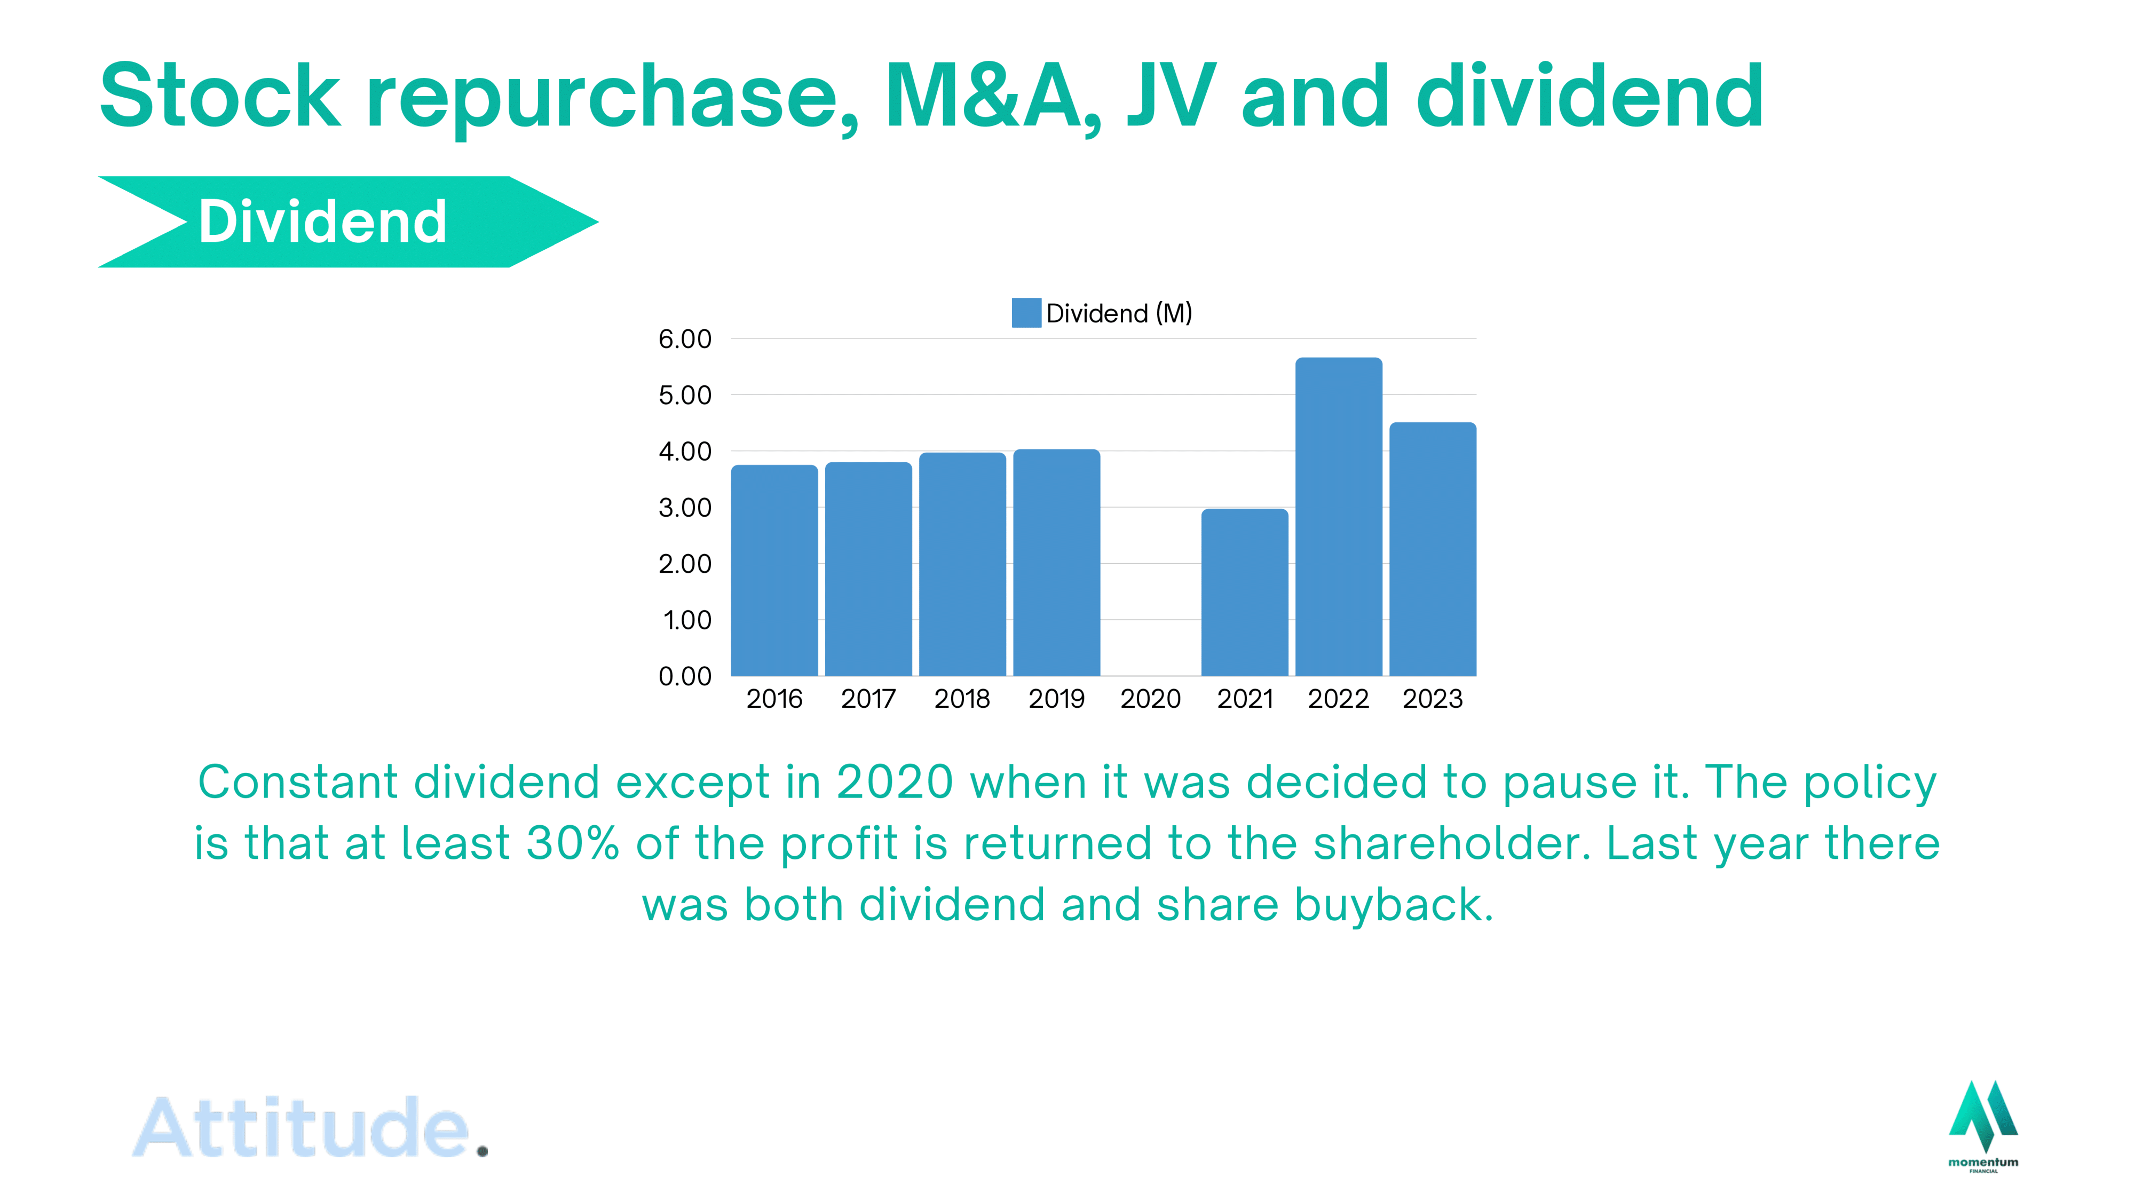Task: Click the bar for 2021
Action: click(x=1245, y=592)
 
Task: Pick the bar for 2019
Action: click(x=1057, y=563)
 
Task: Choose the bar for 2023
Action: click(x=1433, y=550)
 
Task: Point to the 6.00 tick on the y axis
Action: click(x=685, y=339)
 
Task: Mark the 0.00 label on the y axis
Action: click(x=685, y=676)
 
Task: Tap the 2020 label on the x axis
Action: click(x=1150, y=699)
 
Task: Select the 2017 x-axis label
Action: click(x=868, y=699)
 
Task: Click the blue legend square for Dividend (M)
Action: click(x=1026, y=313)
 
